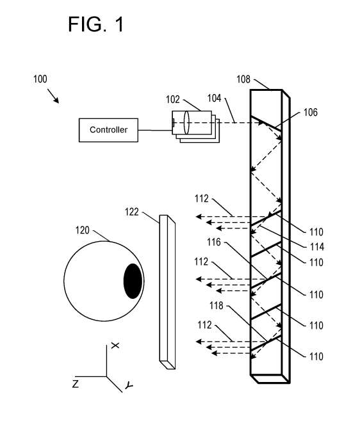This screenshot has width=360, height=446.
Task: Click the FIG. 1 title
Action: (x=96, y=24)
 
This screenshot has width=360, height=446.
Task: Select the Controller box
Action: (x=108, y=130)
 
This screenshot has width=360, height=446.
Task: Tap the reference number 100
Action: (x=40, y=79)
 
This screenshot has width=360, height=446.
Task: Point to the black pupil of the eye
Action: (x=133, y=281)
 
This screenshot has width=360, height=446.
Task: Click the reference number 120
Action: (x=82, y=230)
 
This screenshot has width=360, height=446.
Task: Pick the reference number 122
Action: (x=131, y=212)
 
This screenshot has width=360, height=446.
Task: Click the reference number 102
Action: (x=173, y=100)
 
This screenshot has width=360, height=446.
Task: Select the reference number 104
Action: (x=214, y=98)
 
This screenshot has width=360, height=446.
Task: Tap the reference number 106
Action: (x=311, y=113)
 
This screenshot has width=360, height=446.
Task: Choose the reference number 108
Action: (x=243, y=79)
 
